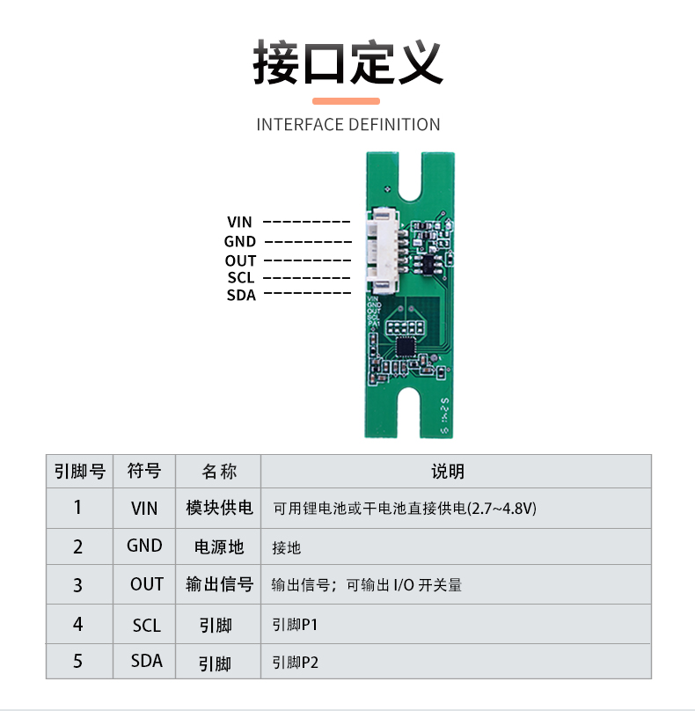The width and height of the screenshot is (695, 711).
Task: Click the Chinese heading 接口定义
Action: (347, 61)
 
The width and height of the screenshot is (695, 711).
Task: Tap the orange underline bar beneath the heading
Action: (347, 101)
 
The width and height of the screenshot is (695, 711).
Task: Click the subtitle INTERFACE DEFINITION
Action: (347, 125)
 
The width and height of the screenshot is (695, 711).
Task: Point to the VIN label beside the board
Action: (239, 223)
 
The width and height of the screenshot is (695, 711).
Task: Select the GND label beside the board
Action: (239, 241)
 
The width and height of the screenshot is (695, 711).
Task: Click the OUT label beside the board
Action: (239, 260)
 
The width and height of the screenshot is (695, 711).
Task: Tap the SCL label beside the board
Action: (240, 278)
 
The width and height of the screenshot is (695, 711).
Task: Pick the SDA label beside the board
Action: (241, 296)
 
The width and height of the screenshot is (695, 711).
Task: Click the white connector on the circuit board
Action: (383, 252)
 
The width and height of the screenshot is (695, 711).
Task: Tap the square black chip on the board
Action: (406, 345)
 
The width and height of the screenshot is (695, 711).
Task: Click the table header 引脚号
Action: (79, 472)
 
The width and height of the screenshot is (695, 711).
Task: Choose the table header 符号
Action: (144, 472)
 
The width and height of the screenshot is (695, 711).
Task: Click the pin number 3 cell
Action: (78, 584)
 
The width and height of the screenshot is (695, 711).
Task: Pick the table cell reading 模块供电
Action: (219, 508)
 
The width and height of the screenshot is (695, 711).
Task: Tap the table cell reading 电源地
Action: (219, 546)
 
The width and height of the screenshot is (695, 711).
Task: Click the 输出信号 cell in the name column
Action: (219, 584)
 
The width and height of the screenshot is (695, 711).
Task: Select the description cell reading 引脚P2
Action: (295, 662)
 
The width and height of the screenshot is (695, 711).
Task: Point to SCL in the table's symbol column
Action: (146, 625)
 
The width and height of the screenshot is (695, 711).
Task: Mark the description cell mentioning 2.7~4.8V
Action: (405, 509)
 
